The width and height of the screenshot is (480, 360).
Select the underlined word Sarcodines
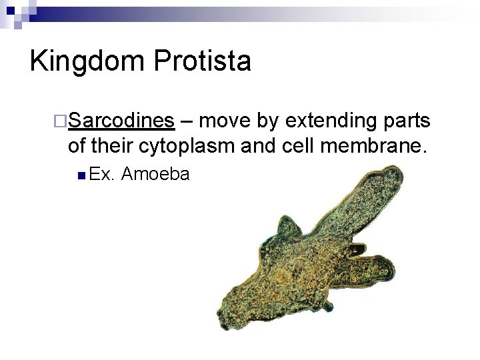[x=121, y=121]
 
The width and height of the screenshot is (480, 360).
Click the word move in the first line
[x=223, y=121]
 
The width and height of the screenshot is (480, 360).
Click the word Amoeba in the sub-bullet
[x=156, y=175]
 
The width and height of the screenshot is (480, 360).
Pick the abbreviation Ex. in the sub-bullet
[x=103, y=175]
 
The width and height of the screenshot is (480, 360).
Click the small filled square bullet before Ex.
[x=80, y=175]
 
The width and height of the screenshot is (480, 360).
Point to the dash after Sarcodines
[x=187, y=122]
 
